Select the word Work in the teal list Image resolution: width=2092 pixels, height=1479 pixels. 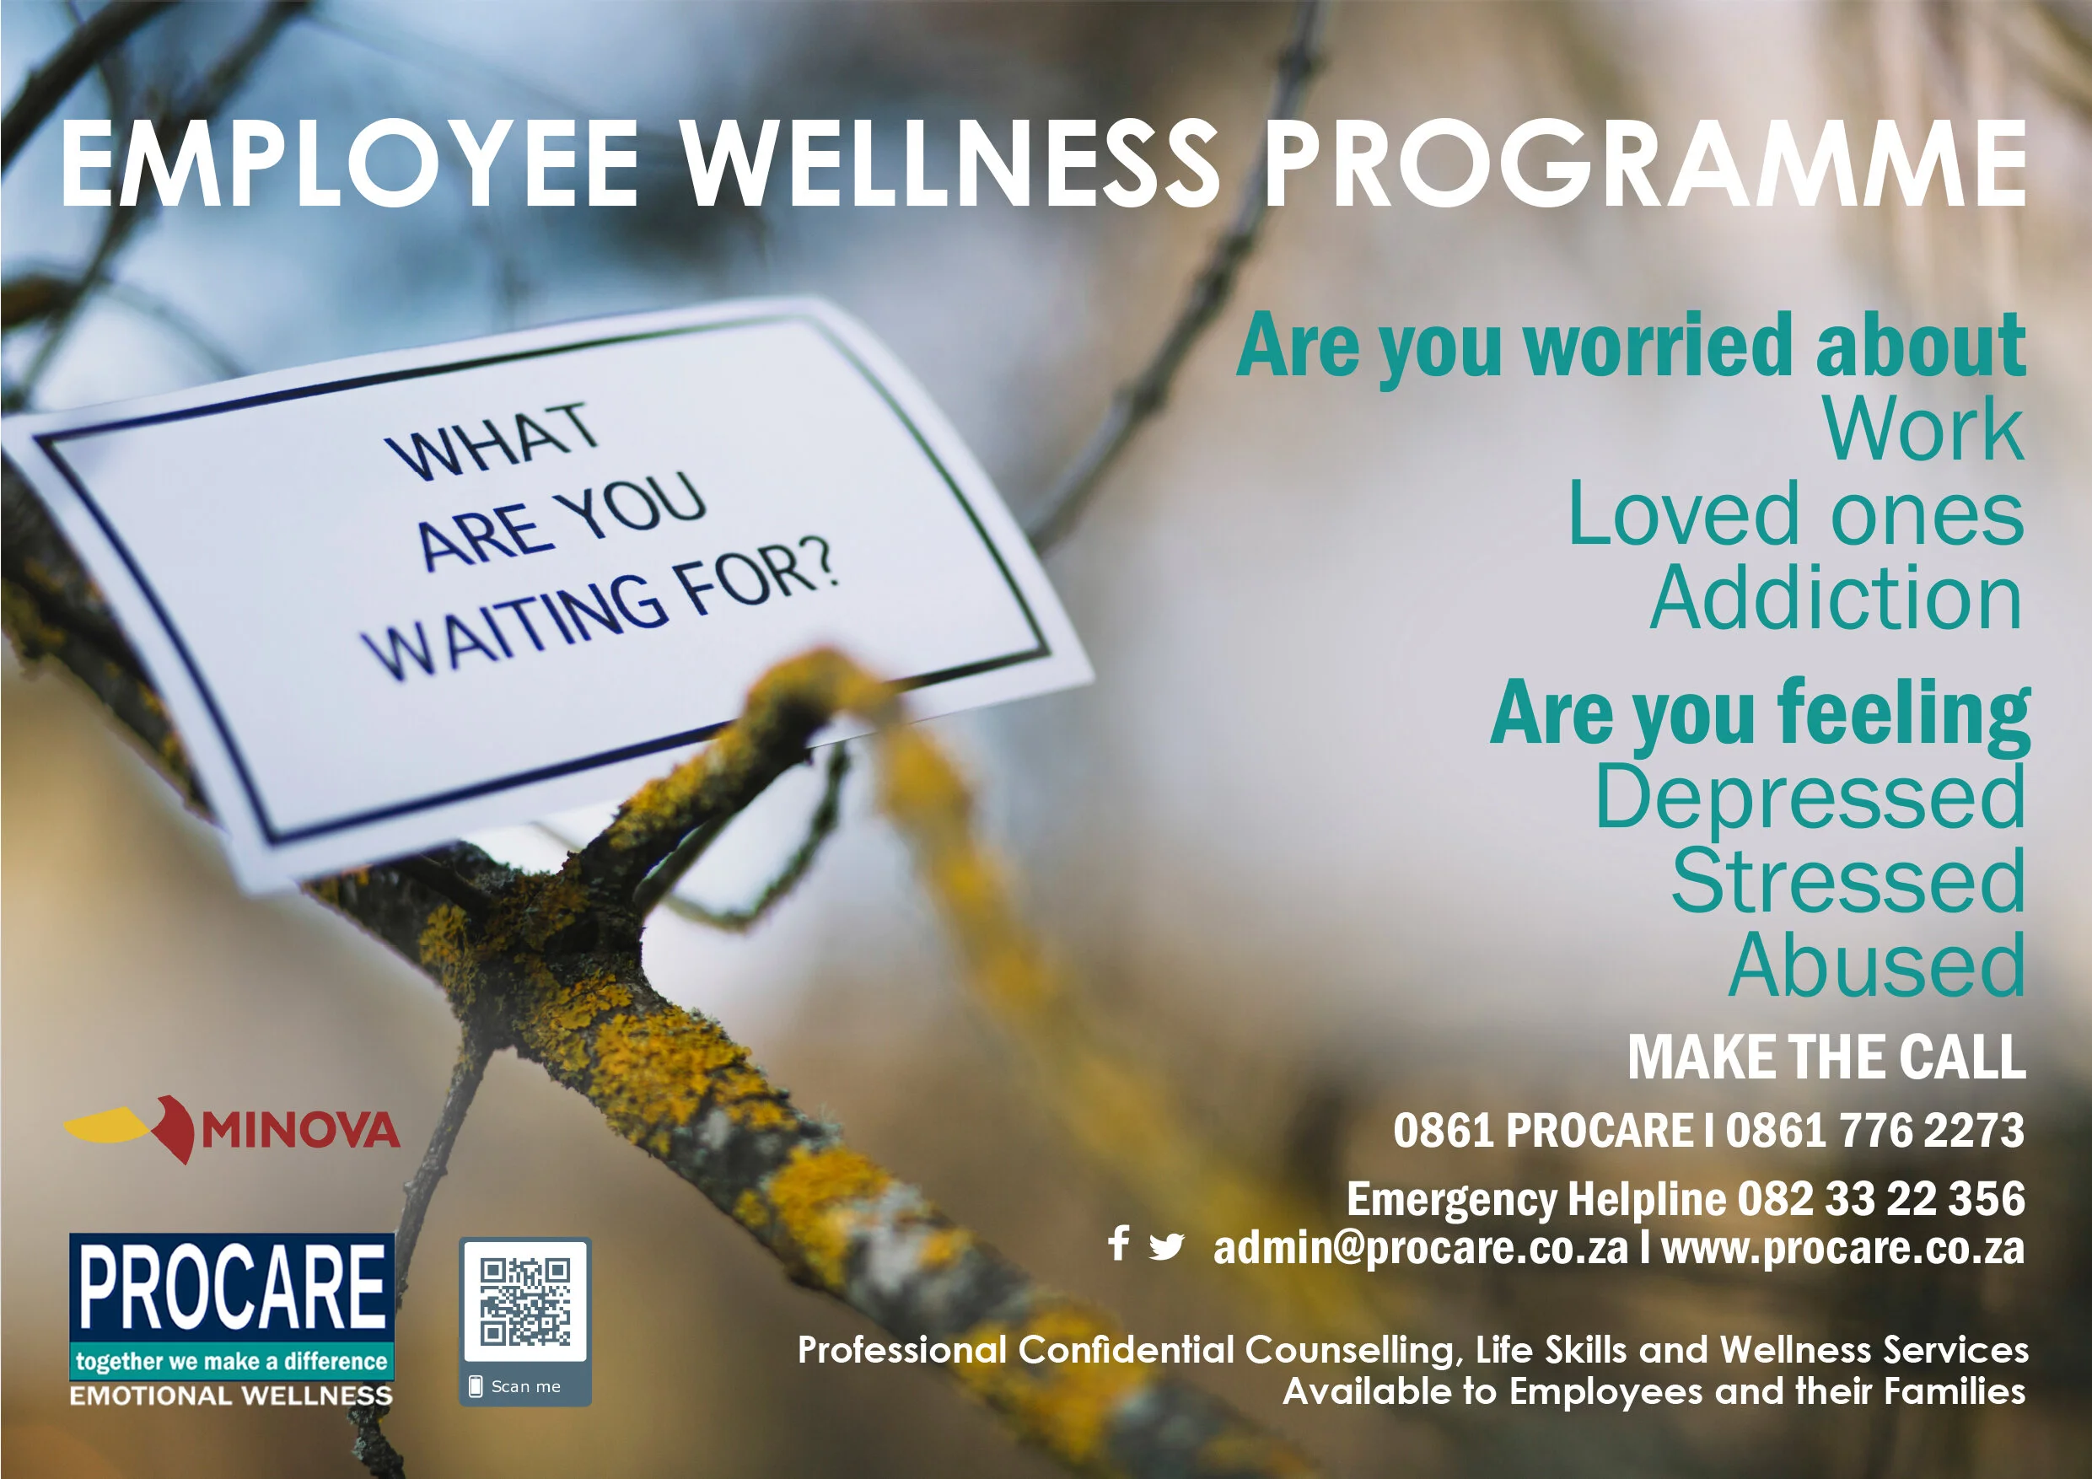[1923, 430]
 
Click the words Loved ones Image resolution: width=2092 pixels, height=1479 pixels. [1795, 515]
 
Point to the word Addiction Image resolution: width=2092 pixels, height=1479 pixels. [1836, 599]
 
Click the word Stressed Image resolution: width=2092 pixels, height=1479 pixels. [1847, 881]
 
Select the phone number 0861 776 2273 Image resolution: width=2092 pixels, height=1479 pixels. [1874, 1131]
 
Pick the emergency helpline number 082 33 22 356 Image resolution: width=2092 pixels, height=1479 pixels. [1880, 1199]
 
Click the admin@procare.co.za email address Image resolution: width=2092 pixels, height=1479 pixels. [1420, 1249]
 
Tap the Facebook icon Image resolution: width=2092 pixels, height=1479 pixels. [1119, 1243]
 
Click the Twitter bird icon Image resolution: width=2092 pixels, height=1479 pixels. [1166, 1245]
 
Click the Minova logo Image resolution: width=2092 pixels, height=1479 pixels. [233, 1130]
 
